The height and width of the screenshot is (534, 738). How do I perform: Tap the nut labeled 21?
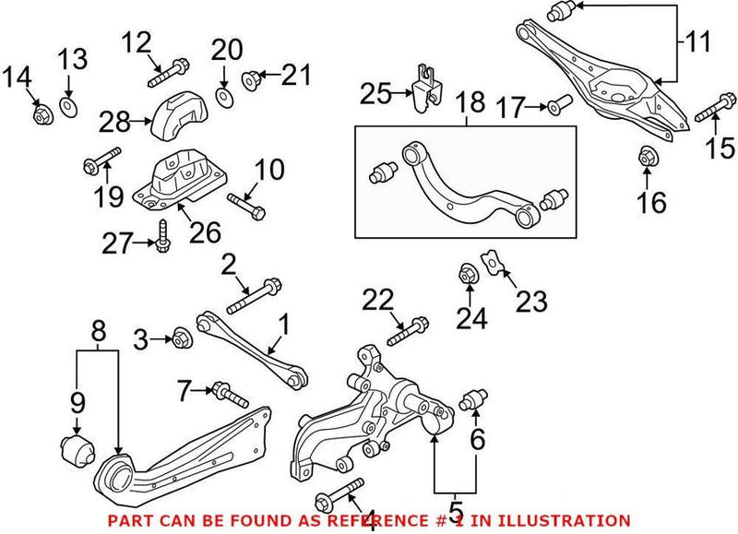coord(250,81)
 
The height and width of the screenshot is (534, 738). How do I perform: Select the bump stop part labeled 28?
coord(179,119)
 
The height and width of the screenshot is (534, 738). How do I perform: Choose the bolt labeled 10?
coord(244,204)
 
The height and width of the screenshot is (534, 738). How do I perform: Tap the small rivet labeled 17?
coord(553,109)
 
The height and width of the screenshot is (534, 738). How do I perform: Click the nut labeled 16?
coord(647,158)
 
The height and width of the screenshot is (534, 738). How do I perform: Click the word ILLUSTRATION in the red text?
coord(572,521)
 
